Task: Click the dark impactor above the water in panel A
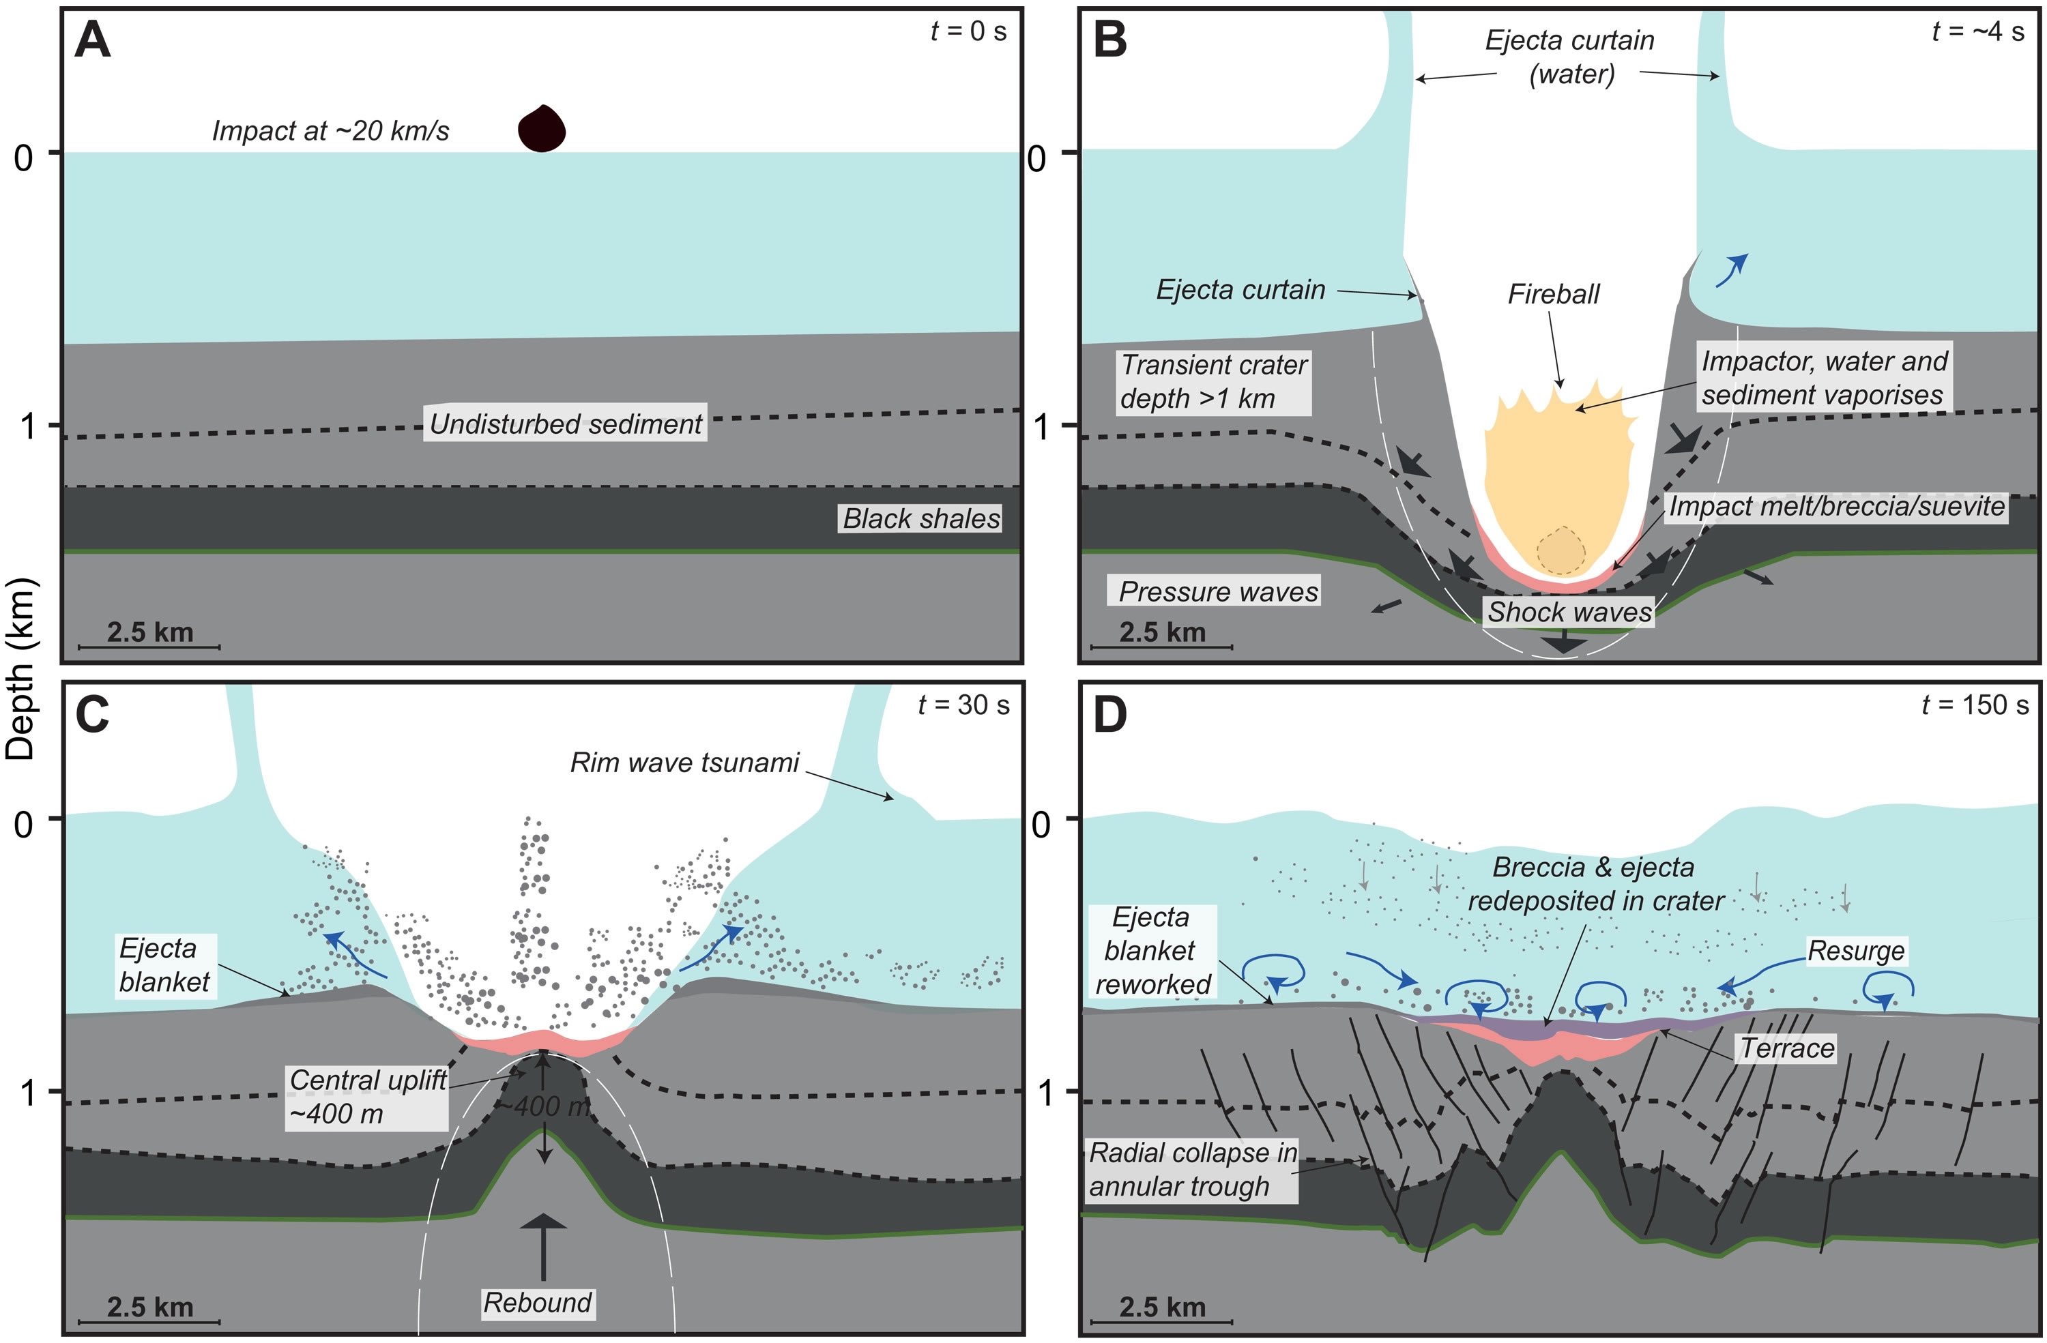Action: [541, 130]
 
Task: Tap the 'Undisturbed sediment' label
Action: [565, 424]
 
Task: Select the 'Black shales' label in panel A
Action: [920, 518]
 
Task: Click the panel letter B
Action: [1109, 40]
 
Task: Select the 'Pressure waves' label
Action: [1217, 591]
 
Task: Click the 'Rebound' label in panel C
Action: [538, 1303]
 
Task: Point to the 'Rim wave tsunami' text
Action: [684, 763]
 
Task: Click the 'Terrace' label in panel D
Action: [1787, 1048]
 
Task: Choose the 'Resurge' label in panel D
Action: [1856, 951]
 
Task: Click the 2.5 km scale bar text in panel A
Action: [149, 632]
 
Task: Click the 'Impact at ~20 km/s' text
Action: [330, 131]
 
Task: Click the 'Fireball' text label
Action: [1552, 294]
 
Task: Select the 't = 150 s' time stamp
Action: [1975, 705]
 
